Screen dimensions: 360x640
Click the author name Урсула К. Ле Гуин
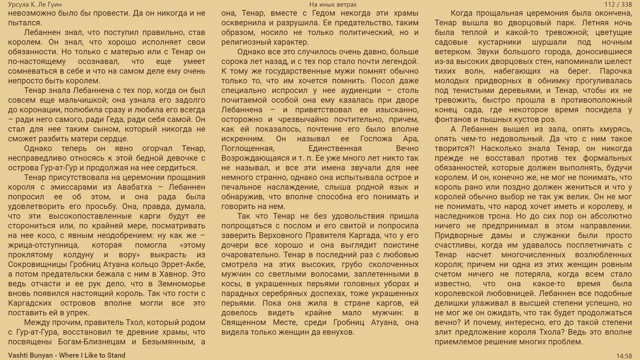35,4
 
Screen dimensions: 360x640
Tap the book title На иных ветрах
333,4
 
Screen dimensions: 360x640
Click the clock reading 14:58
624,356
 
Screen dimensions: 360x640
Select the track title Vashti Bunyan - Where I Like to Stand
66,355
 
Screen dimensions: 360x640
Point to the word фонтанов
451,119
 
